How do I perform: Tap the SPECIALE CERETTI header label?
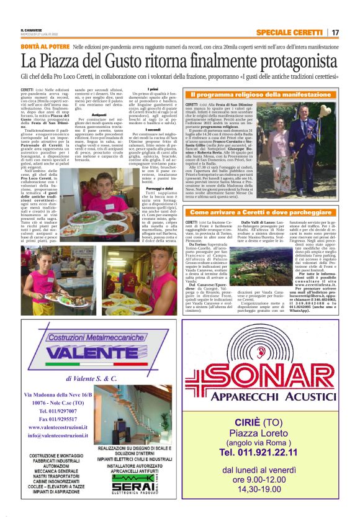tap(289, 32)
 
